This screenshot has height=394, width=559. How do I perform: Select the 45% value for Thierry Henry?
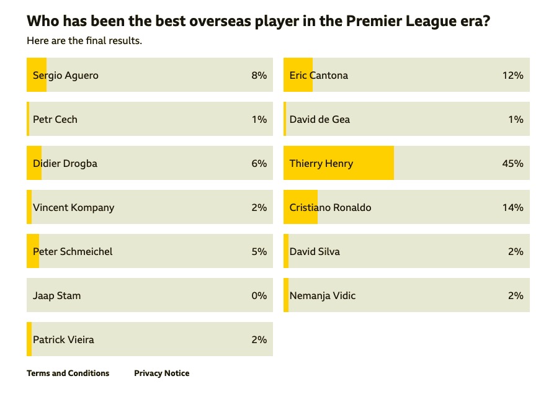[512, 164]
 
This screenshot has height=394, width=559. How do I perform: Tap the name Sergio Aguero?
[66, 76]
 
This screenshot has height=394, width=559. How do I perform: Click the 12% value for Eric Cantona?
[512, 76]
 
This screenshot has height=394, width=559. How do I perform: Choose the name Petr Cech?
[55, 120]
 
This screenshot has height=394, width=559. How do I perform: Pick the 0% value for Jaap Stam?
[259, 296]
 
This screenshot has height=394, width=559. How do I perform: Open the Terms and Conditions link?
[68, 374]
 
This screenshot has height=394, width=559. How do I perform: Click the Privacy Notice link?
[161, 374]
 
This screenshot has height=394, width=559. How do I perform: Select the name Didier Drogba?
[65, 164]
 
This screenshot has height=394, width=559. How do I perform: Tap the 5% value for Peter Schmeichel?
[259, 252]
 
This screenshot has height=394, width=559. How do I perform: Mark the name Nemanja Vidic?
[323, 296]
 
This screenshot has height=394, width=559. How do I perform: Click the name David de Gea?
[320, 120]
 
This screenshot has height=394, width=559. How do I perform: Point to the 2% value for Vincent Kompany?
[259, 208]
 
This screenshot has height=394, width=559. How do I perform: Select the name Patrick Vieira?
[63, 340]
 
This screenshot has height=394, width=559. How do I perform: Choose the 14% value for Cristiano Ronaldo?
[512, 208]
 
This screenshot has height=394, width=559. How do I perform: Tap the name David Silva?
[315, 252]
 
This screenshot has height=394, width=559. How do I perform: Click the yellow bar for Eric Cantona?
[298, 75]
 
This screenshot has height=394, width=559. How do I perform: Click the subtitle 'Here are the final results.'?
[84, 41]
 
